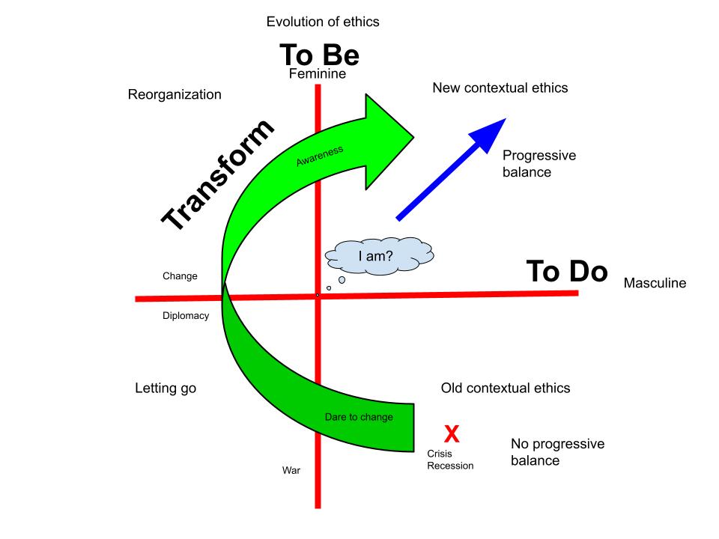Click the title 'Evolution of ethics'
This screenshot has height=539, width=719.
click(x=323, y=22)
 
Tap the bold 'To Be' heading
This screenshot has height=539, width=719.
click(x=320, y=55)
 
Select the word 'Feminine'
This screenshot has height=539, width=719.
click(x=318, y=73)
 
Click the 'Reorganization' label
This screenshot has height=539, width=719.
click(x=175, y=95)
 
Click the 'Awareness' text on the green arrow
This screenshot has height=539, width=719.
click(x=319, y=155)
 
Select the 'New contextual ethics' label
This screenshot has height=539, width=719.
click(x=500, y=88)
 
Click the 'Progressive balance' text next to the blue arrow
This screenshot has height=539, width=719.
click(x=539, y=164)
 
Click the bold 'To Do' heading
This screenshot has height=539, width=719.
click(x=566, y=272)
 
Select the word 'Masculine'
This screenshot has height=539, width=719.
click(x=655, y=284)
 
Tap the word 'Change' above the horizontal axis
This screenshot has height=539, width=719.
click(x=180, y=276)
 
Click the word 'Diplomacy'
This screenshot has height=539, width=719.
click(x=186, y=316)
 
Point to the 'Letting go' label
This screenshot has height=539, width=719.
click(x=166, y=389)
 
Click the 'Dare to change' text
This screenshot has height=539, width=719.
click(x=359, y=417)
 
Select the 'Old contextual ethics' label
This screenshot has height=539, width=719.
click(x=506, y=389)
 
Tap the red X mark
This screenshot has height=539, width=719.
click(x=452, y=433)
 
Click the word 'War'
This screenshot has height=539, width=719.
click(x=291, y=471)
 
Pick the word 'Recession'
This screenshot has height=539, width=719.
click(x=450, y=466)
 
